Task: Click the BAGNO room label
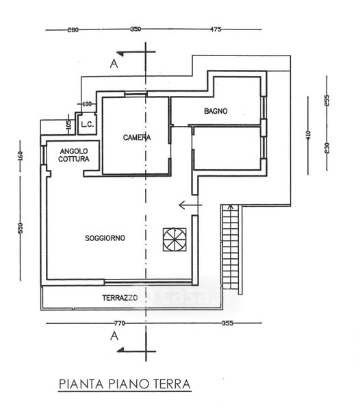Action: click(216, 111)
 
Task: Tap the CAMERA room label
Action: click(137, 138)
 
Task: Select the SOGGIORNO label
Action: click(105, 238)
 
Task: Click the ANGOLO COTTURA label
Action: click(73, 155)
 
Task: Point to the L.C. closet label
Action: click(87, 124)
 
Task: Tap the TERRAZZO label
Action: click(120, 298)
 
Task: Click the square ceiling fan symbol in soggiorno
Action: click(175, 240)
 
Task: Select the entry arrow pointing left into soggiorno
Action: click(190, 205)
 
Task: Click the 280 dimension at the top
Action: click(73, 30)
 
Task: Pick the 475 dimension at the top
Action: click(216, 29)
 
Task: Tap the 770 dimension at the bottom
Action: click(119, 323)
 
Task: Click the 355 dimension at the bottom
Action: click(227, 323)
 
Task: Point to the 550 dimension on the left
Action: click(21, 228)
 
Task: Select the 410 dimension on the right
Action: click(308, 135)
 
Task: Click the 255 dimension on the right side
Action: click(326, 101)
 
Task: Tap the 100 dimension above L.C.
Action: click(87, 104)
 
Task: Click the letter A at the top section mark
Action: click(114, 64)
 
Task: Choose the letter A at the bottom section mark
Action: click(114, 336)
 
